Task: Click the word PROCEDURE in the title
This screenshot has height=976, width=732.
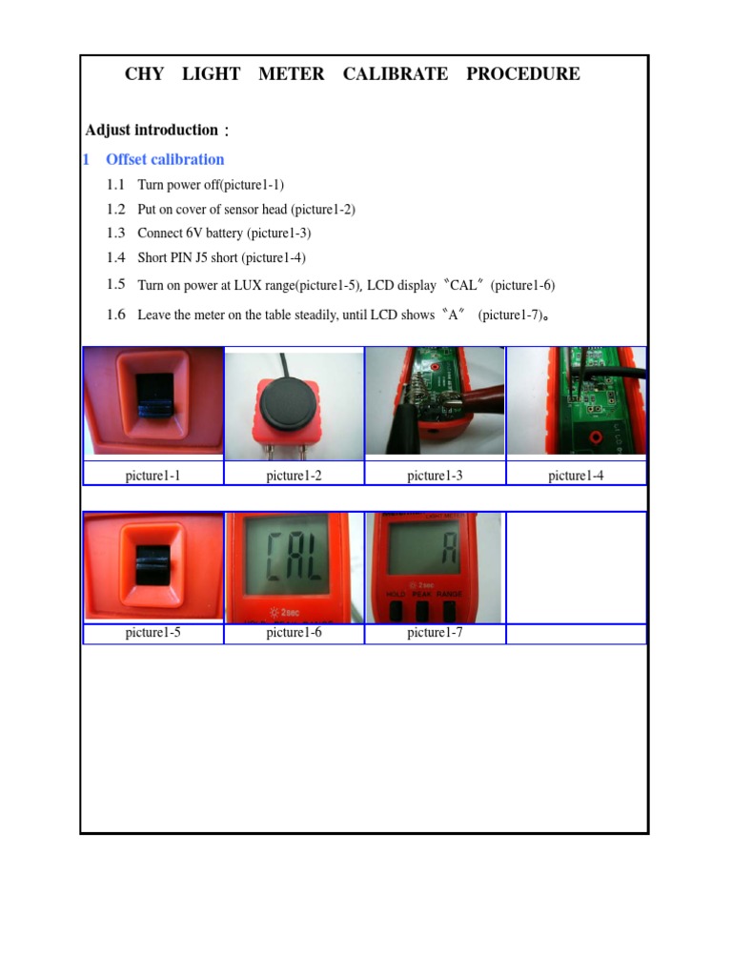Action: [x=522, y=74]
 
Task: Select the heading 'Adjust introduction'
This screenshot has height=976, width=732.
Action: [x=152, y=130]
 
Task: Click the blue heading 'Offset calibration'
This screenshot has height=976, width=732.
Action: [x=165, y=159]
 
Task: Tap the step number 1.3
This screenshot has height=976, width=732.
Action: [x=115, y=233]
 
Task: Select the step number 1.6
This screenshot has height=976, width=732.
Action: [x=115, y=315]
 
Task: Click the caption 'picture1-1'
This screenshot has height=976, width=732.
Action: [x=152, y=475]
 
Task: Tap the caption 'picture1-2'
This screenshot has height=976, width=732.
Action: [x=294, y=475]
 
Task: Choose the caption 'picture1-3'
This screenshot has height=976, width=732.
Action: [x=435, y=475]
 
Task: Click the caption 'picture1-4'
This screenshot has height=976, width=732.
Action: [x=576, y=475]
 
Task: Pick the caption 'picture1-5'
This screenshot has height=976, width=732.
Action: [x=152, y=632]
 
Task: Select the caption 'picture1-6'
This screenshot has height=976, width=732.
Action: [x=294, y=632]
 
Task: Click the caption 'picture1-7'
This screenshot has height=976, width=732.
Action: [x=435, y=632]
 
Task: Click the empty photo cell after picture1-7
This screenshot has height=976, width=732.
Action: [x=576, y=567]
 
